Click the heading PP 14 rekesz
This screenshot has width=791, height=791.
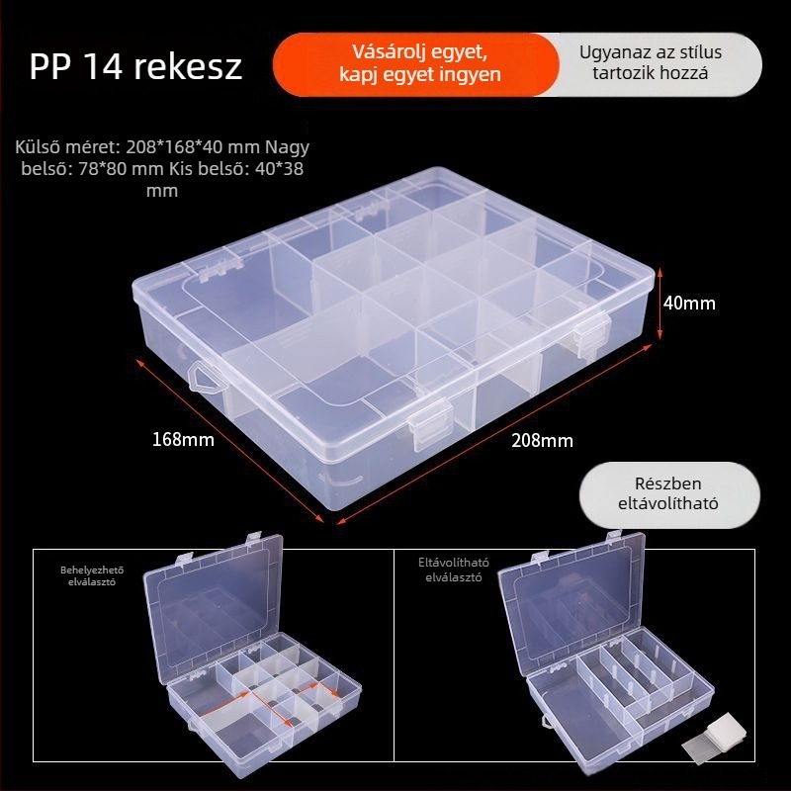[135, 66]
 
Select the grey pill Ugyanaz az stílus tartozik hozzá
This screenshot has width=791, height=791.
[651, 62]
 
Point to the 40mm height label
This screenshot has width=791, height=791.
[689, 304]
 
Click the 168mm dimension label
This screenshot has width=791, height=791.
[183, 439]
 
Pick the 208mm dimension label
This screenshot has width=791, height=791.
[542, 441]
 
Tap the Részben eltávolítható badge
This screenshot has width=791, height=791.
[669, 494]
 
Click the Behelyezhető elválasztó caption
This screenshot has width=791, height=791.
[92, 575]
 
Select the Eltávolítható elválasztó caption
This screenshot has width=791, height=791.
[453, 570]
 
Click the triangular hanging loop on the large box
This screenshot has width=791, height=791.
[206, 377]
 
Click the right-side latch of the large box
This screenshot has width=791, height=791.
[591, 334]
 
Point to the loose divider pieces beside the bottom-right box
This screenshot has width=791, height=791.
[714, 736]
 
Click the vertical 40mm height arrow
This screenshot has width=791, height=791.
[659, 304]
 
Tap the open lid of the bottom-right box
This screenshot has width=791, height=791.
[571, 600]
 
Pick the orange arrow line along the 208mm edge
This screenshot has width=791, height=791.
[494, 434]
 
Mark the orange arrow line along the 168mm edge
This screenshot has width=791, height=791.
[229, 440]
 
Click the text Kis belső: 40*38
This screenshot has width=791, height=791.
[236, 169]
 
